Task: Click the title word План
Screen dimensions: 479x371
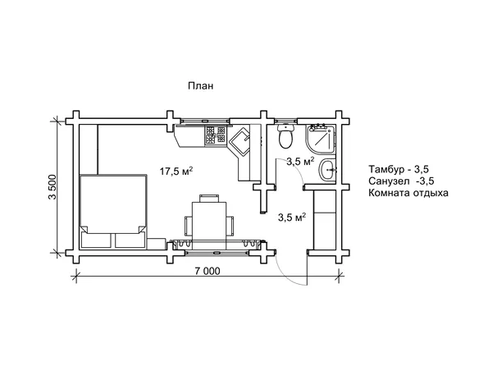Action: coord(200,86)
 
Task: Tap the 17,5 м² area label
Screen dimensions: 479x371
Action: coord(176,172)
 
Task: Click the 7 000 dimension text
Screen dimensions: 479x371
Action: coord(206,271)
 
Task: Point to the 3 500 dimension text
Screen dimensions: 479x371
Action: coord(52,186)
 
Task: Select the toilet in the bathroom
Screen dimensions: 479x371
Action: coord(286,136)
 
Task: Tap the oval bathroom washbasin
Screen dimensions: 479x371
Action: coord(327,170)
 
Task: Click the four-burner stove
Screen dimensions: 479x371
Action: coord(216,135)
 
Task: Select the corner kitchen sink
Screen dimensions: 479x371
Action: coord(239,141)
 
